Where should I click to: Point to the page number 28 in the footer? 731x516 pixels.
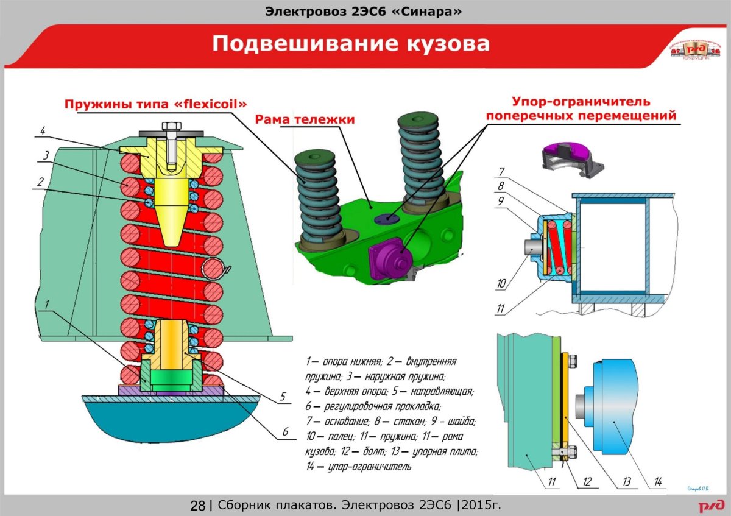(197, 505)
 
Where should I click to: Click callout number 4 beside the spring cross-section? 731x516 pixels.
(43, 130)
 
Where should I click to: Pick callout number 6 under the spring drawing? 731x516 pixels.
(284, 432)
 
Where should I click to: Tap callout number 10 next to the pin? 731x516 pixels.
(501, 283)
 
